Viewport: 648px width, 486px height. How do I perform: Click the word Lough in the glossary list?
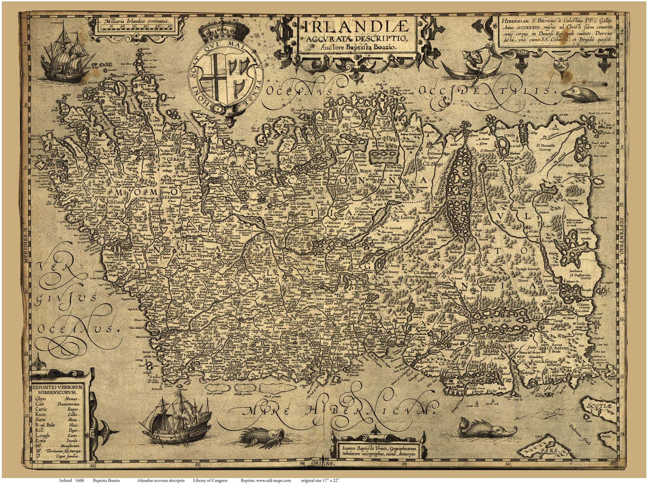click(x=43, y=435)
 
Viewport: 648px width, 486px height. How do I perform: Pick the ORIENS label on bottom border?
click(x=324, y=463)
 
